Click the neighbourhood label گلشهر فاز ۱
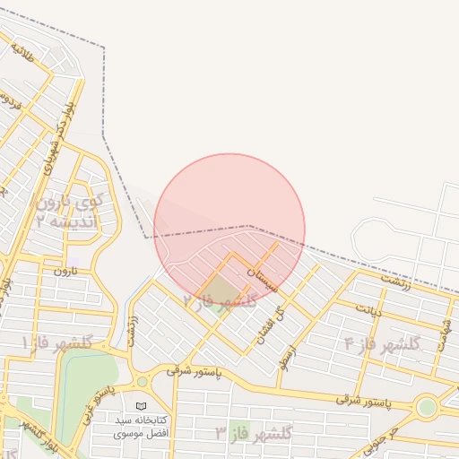click(57, 342)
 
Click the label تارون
click(65, 270)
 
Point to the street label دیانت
click(368, 310)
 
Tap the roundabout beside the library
click(142, 382)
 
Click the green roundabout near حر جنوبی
click(427, 406)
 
